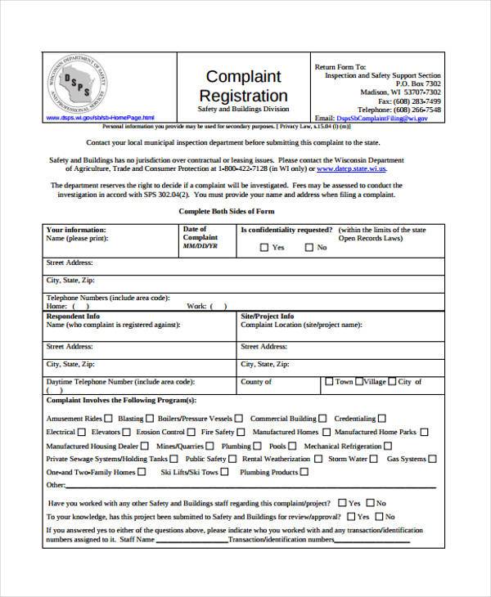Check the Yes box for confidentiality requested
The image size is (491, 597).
264,247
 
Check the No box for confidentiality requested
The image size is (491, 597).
309,247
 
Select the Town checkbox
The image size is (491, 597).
329,381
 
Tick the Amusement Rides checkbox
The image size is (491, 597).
109,418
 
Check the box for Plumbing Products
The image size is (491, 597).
305,472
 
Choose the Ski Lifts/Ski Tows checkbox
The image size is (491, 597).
226,472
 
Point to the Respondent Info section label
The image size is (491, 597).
74,316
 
